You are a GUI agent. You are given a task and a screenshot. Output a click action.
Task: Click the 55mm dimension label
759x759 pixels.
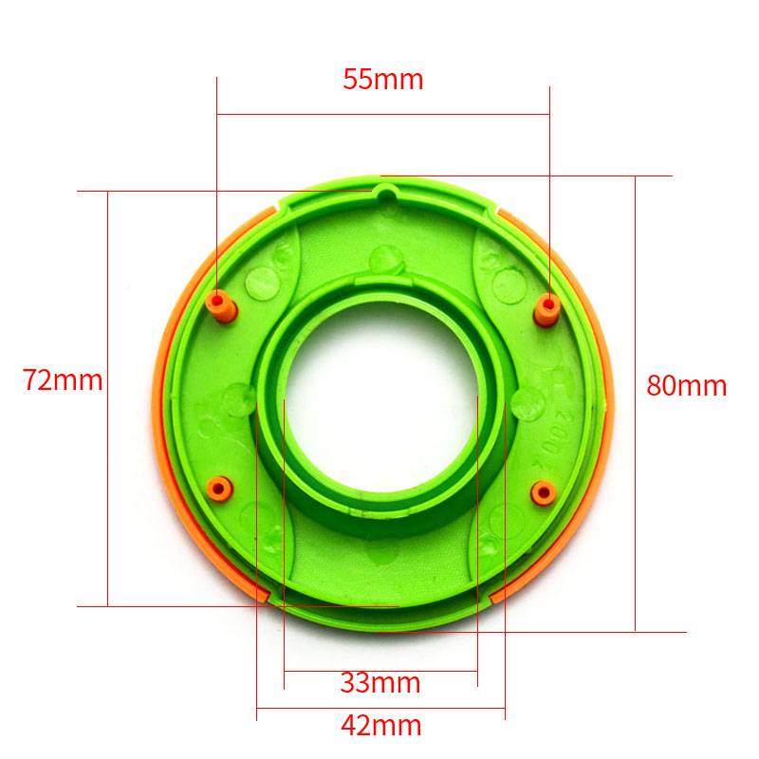coord(383,80)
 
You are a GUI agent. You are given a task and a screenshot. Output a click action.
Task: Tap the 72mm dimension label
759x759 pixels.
coord(63,380)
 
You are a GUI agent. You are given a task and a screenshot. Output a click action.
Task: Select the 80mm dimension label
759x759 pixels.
coord(687,386)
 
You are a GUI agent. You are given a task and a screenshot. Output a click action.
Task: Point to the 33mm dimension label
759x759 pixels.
coord(380,683)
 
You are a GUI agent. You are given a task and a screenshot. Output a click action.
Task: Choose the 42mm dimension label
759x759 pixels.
coord(381,726)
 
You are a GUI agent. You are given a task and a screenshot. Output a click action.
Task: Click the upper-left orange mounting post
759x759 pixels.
coord(221,306)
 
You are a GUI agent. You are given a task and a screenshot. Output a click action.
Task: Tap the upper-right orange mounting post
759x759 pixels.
coord(547,310)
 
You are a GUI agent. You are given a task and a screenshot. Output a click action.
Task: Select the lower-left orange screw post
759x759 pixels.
coord(219,489)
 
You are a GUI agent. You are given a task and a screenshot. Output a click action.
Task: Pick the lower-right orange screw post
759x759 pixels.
coord(543,492)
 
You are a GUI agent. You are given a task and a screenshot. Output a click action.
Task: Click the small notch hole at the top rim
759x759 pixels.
coord(386,195)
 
